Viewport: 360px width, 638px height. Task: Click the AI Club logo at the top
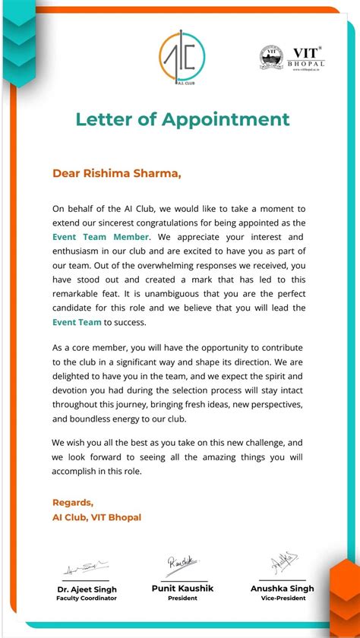pos(182,58)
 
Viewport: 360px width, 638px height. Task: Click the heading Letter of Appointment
pos(182,119)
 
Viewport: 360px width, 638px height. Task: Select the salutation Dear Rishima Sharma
pos(117,172)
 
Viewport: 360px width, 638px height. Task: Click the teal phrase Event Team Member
pos(100,237)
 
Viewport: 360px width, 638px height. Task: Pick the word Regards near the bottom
pos(73,502)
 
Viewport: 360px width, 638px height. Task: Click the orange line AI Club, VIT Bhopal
pos(96,517)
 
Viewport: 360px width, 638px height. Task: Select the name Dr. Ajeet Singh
pos(86,589)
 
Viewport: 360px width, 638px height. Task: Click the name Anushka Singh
pos(282,589)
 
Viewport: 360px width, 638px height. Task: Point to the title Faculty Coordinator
pos(86,599)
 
